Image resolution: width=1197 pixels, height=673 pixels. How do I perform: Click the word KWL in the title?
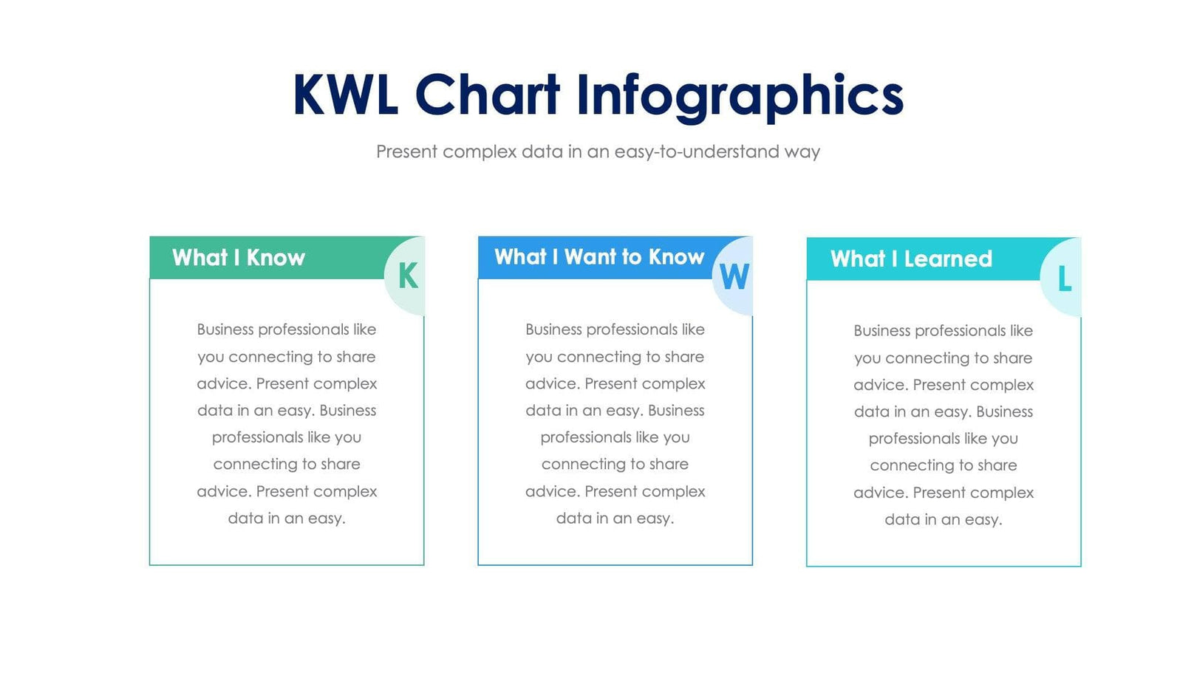click(x=345, y=95)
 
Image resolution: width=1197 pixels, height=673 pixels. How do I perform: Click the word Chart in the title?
click(x=487, y=95)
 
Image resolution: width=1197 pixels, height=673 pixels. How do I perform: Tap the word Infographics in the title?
click(x=739, y=97)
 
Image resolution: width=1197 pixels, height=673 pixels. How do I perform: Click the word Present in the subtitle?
click(x=407, y=151)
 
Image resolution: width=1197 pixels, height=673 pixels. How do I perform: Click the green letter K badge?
click(x=407, y=276)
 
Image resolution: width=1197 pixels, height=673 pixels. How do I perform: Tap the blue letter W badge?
click(x=734, y=277)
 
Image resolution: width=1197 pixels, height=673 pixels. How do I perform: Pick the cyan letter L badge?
click(x=1064, y=279)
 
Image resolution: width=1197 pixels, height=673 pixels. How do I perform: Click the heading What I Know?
click(x=238, y=258)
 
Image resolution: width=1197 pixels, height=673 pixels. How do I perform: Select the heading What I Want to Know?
click(x=598, y=257)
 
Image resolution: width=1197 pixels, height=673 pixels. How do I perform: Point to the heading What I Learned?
click(x=910, y=259)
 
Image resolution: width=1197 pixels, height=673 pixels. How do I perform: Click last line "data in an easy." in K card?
click(x=287, y=519)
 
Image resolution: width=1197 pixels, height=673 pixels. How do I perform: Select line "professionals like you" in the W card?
click(x=615, y=437)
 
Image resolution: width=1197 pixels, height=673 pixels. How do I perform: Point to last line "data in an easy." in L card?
click(x=943, y=520)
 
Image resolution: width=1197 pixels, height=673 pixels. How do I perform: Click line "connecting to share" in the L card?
click(x=943, y=465)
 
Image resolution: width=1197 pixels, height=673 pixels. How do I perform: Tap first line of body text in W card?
click(x=615, y=329)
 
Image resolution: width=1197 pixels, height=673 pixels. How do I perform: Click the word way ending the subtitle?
click(x=802, y=152)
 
